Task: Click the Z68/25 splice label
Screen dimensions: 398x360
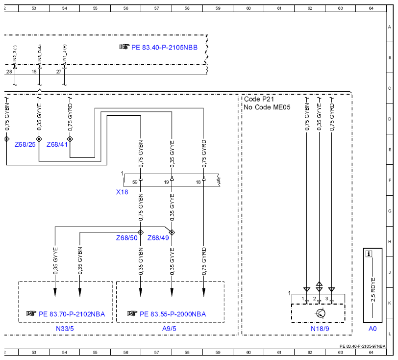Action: coord(25,145)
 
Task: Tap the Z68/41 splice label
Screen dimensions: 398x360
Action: coord(57,145)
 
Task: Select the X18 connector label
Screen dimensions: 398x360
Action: coord(122,192)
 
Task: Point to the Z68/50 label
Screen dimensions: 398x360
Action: coord(126,238)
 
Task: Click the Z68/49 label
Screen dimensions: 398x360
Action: coord(158,238)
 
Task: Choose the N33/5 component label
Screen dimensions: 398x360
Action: coord(65,329)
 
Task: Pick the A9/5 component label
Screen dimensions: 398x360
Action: coord(169,329)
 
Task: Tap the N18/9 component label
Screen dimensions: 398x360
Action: coord(320,329)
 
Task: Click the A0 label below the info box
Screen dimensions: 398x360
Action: coord(373,329)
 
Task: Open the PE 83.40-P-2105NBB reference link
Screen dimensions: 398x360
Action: coord(164,48)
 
